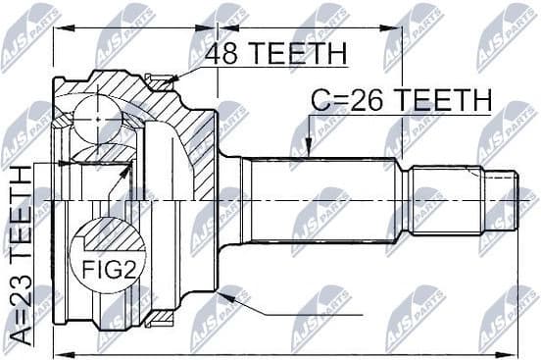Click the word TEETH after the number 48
300,55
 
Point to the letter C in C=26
323,100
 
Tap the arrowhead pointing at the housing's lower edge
228,293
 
